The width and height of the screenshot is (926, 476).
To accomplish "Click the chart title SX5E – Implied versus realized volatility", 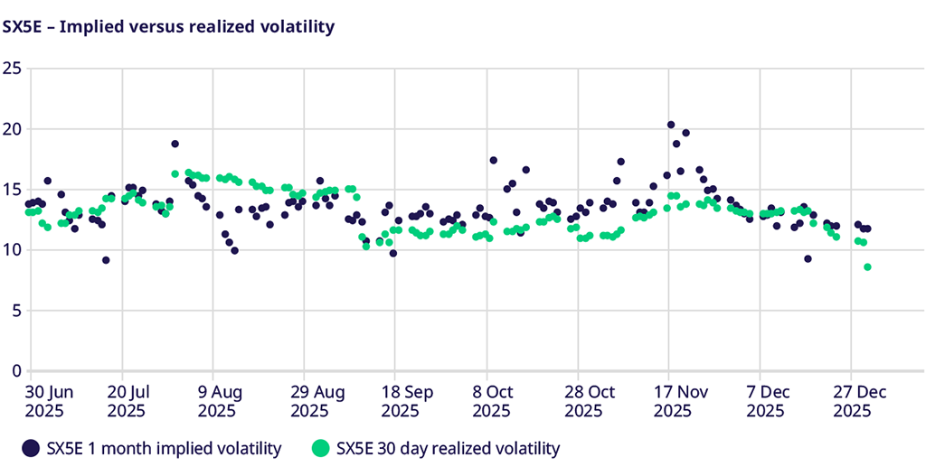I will (169, 27).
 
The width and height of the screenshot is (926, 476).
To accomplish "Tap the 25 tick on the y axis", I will (12, 69).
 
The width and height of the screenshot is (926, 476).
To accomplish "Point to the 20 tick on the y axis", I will (12, 129).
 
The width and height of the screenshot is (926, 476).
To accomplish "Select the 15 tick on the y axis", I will (12, 190).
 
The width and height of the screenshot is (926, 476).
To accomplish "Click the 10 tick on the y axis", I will (12, 250).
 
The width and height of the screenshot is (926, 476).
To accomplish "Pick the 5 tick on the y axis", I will (15, 311).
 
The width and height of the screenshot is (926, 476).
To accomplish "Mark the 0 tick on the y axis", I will (15, 371).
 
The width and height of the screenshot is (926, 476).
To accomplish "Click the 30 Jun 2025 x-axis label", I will (48, 401).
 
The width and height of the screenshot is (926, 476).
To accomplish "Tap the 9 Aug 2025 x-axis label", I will (217, 401).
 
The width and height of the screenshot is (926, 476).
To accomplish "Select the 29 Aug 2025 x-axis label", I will (308, 401).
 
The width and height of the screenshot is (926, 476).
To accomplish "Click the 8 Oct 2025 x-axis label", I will (491, 401).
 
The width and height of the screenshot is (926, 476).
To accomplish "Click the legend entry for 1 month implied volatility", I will (152, 448).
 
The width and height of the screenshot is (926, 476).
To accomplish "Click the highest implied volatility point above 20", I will (671, 125).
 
